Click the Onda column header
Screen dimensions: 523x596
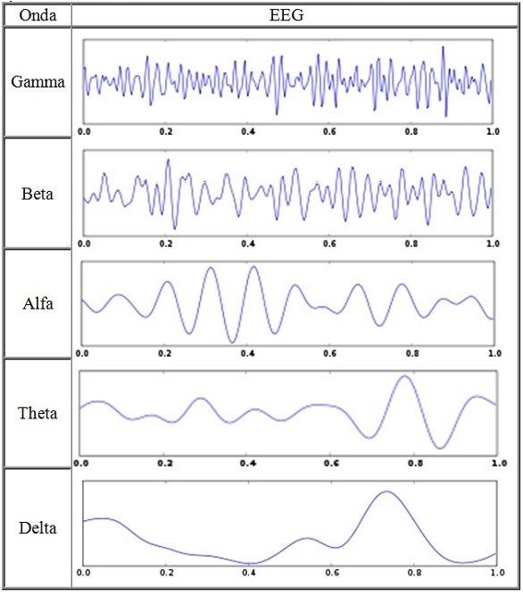[37, 15]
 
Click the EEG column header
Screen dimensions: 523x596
[286, 15]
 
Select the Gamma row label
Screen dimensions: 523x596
[37, 82]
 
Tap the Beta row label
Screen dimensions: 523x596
[37, 194]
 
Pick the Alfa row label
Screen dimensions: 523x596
[37, 303]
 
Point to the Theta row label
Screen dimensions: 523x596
[37, 413]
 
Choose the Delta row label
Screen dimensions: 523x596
[37, 528]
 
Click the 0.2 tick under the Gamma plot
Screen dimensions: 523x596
[166, 131]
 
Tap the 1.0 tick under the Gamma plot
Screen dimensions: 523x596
[493, 131]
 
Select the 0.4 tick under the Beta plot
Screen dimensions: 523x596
[248, 244]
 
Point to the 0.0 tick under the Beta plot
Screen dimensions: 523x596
[84, 244]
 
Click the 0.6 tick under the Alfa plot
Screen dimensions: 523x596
[330, 353]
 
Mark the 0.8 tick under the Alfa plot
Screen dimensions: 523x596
[412, 353]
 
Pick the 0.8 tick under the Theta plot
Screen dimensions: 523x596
[415, 463]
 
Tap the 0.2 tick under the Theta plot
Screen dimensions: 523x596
[164, 463]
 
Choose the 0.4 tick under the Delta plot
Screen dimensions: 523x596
[249, 573]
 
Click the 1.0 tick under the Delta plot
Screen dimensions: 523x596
[497, 573]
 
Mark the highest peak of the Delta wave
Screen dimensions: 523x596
[386, 492]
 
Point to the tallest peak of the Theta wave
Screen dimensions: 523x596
[404, 377]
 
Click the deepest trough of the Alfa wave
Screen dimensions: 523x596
[232, 342]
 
